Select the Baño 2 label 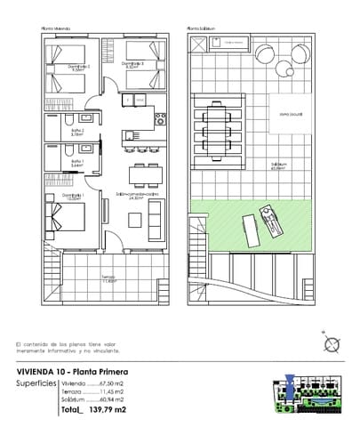coord(77,132)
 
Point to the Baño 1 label coord(77,162)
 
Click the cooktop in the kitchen coord(160,116)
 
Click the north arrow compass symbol coord(331,345)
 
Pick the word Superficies coord(37,383)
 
